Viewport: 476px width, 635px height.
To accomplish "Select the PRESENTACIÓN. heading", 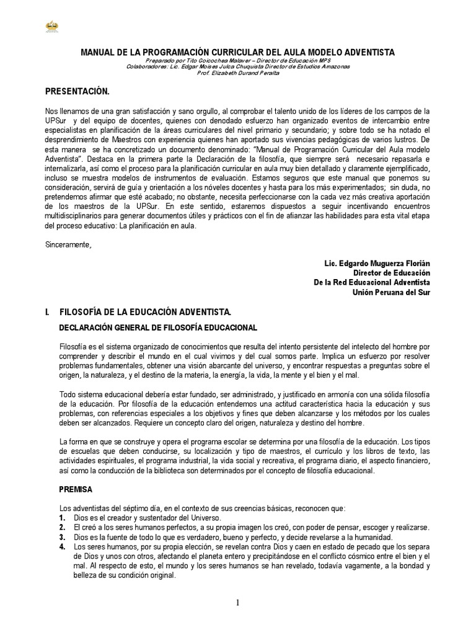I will click(77, 92).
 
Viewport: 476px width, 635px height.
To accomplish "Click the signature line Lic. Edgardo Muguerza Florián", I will click(377, 264).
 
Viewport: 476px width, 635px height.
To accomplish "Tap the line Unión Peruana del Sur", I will click(390, 292).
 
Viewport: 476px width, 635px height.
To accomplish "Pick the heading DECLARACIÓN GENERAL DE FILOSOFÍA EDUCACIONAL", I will click(158, 327).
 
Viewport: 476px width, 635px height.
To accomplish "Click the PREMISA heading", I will click(75, 489).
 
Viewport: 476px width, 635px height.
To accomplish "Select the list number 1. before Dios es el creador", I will click(62, 518).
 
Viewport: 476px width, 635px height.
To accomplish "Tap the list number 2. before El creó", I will click(62, 527).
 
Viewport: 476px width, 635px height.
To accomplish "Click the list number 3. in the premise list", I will click(62, 537).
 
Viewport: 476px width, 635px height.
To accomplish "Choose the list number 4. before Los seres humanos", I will click(62, 546).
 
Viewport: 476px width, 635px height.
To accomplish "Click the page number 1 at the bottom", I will click(237, 603).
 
